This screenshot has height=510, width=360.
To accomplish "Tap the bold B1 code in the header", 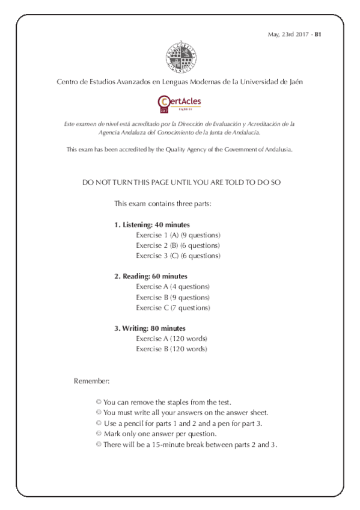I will (319, 35).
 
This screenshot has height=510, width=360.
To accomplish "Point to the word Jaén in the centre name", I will (293, 82).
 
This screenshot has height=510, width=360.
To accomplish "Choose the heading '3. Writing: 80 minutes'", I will (150, 328).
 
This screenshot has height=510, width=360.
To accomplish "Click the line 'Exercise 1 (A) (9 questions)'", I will (178, 235).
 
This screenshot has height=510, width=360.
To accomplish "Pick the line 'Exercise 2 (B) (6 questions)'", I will (178, 245).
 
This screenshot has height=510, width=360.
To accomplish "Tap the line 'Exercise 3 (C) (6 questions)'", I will (178, 256).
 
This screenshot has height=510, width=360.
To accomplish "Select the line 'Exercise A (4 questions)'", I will (172, 287).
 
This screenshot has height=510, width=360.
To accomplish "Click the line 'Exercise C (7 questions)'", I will (172, 307).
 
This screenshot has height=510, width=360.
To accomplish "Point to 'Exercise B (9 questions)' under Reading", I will (172, 297).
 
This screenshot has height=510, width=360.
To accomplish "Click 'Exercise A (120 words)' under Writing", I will (171, 339).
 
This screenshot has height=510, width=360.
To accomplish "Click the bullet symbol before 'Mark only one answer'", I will (99, 434).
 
